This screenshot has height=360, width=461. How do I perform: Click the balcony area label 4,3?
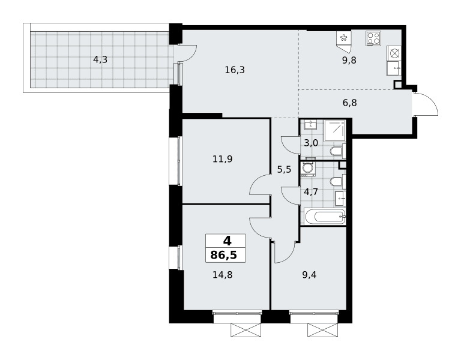(100, 60)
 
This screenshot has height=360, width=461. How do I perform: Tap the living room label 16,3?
(235, 70)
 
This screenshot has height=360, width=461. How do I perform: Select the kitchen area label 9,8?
(349, 61)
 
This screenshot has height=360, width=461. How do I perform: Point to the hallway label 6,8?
(349, 103)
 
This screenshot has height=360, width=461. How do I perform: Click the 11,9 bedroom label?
(223, 159)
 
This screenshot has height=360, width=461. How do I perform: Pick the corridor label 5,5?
(284, 170)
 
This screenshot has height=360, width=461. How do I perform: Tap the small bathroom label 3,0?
(311, 143)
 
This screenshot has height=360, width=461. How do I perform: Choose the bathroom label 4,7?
(311, 192)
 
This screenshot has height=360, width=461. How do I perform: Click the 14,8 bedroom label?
(223, 275)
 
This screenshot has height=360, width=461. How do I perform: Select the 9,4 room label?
(309, 275)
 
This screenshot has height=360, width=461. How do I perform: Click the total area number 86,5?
(224, 255)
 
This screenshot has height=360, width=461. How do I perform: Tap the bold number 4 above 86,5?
(227, 241)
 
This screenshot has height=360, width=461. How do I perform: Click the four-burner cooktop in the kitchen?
(373, 38)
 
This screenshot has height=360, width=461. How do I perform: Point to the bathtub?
(325, 217)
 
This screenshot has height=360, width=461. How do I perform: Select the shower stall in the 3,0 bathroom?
(334, 130)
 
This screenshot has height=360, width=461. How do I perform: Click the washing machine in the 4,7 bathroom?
(308, 169)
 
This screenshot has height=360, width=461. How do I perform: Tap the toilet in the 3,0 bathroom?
(337, 151)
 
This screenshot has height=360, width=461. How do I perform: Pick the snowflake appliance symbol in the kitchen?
(343, 38)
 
